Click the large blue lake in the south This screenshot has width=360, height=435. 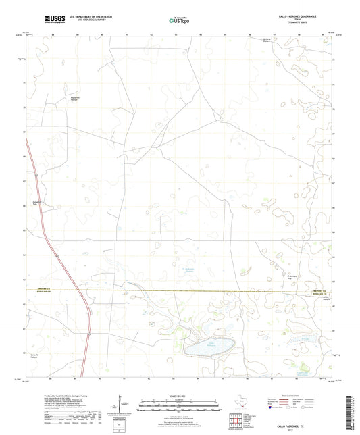[x=209, y=347]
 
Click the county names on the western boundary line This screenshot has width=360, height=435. [x=44, y=290]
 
